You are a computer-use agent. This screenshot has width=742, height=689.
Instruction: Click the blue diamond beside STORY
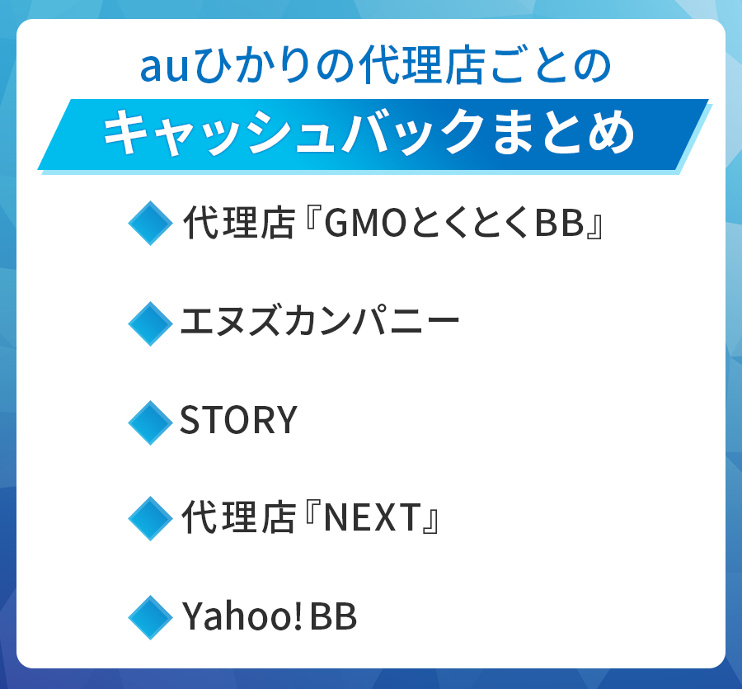[150, 422]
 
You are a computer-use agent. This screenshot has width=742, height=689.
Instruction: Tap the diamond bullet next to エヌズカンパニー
[150, 323]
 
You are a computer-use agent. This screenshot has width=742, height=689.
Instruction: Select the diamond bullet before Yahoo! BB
[150, 617]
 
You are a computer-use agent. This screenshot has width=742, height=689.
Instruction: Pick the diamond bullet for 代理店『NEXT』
[150, 519]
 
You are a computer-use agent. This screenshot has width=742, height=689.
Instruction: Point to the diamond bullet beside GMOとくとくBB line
[150, 224]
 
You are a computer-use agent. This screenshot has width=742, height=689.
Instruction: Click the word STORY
[238, 422]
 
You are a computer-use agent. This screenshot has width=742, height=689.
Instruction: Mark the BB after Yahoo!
[333, 618]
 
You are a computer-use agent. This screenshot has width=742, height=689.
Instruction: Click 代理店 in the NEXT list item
[238, 520]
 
